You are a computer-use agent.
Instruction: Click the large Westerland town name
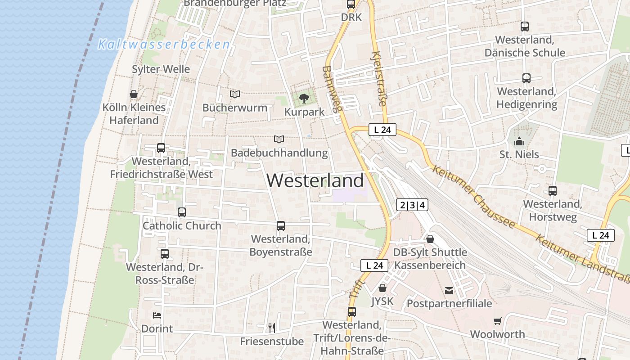315,180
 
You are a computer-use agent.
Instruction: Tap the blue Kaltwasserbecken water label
164,45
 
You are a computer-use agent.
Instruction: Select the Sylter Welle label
161,69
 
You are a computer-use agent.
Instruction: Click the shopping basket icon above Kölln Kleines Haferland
134,94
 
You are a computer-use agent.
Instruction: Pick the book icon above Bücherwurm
235,94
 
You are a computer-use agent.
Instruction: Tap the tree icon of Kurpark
304,98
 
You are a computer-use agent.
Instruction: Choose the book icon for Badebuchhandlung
279,139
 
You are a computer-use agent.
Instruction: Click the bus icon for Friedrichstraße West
161,148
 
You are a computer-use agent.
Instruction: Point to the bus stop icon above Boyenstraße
281,225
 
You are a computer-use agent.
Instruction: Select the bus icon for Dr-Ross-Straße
165,254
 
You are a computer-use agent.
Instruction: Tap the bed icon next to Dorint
157,315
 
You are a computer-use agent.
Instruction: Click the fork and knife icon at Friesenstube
271,328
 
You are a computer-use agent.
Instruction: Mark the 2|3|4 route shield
412,205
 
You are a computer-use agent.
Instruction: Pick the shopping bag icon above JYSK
382,288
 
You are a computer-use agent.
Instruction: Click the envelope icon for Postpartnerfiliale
449,291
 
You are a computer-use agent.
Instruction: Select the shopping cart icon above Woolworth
497,321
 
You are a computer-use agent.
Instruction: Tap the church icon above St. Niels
519,142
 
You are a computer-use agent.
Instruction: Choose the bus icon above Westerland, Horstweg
553,191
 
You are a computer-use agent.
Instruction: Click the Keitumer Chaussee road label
473,196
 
